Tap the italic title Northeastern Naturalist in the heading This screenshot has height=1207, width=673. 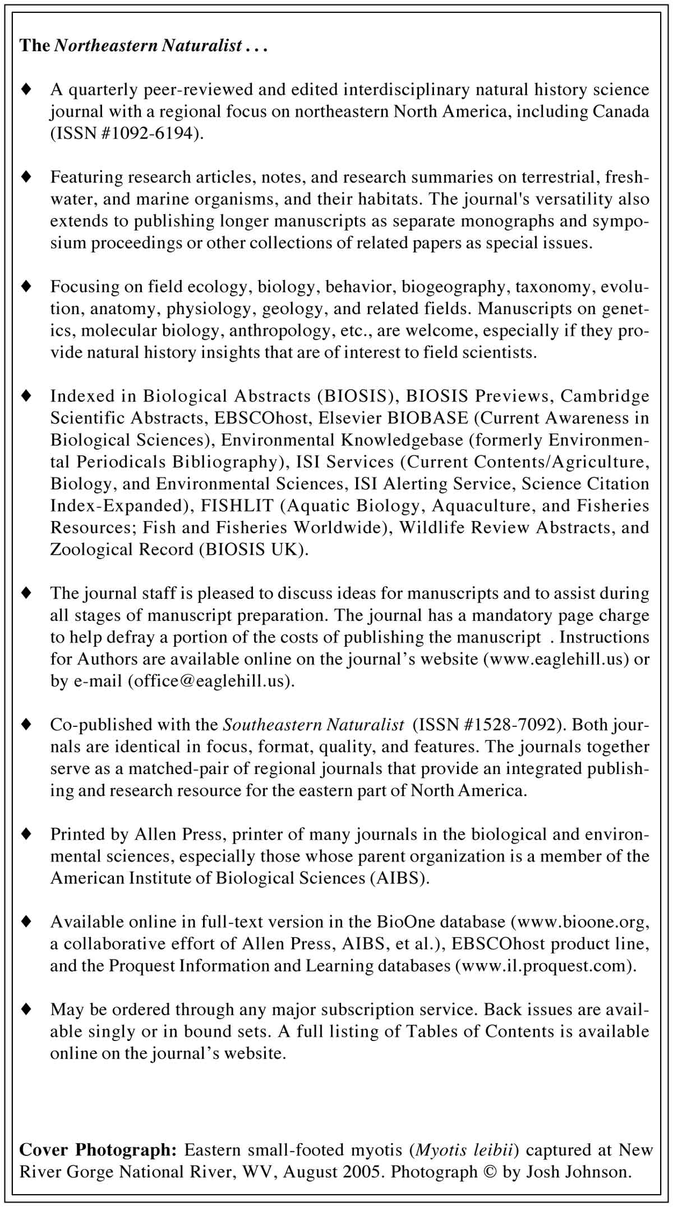tap(148, 45)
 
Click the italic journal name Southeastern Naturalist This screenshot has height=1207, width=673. tap(314, 725)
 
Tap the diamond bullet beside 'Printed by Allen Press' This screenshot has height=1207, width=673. tap(26, 834)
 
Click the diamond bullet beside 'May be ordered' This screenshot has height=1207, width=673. tap(26, 1009)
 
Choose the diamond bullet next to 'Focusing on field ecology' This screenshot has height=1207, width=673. tap(26, 287)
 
